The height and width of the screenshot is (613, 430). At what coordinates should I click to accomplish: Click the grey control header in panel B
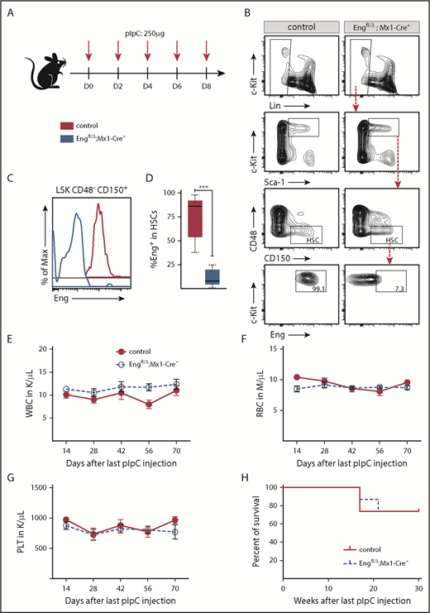303,27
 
